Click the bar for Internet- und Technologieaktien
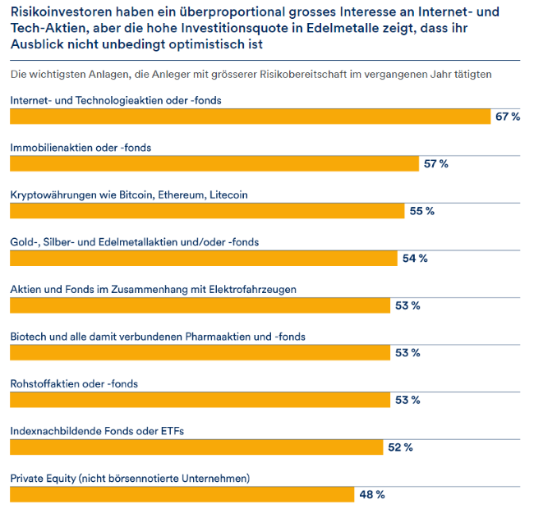click(250, 116)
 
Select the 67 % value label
click(508, 117)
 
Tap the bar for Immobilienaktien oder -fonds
click(214, 163)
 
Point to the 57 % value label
click(436, 164)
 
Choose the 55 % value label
click(421, 211)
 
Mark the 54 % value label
click(415, 259)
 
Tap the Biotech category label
click(157, 337)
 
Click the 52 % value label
click(400, 447)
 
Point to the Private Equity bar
click(182, 494)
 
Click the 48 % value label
click(372, 495)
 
